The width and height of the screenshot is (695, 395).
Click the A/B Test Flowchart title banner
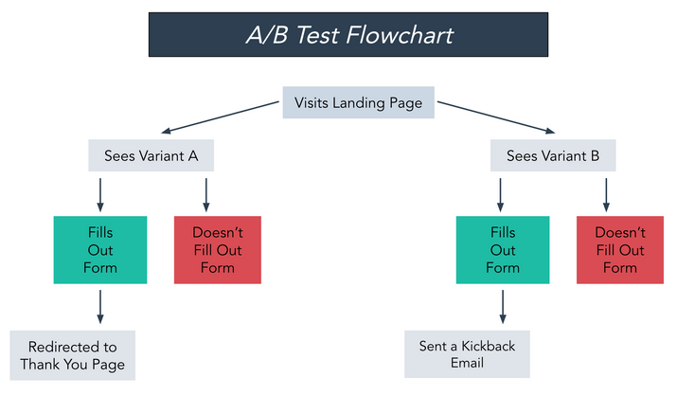coord(348,35)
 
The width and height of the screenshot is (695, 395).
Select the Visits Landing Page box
coord(359,102)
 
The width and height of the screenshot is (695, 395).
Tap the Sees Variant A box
coord(151,155)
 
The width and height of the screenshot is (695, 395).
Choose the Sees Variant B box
coord(553,155)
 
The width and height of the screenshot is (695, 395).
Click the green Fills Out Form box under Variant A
coord(100,250)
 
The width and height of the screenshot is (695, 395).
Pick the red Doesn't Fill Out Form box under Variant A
coord(218,250)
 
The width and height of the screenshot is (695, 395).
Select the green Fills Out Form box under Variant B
coord(503,250)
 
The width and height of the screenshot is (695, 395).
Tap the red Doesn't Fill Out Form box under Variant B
coord(620,250)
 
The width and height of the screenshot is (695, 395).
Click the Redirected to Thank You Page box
coord(73,355)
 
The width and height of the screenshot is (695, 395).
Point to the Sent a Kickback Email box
coord(467,354)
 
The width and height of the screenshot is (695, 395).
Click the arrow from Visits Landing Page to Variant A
coord(221,117)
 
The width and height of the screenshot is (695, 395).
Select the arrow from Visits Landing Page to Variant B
coord(496,117)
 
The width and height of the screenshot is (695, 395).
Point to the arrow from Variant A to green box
coord(100,195)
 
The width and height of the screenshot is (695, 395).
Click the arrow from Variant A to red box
coord(206,195)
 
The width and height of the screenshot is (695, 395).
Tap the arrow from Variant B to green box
coord(500,195)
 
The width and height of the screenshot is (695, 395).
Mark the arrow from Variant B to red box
coord(606,195)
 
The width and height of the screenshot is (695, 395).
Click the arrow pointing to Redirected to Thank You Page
coord(100,307)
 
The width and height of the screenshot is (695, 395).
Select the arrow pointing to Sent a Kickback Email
coord(503,307)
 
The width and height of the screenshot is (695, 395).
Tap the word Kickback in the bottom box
coord(488,346)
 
